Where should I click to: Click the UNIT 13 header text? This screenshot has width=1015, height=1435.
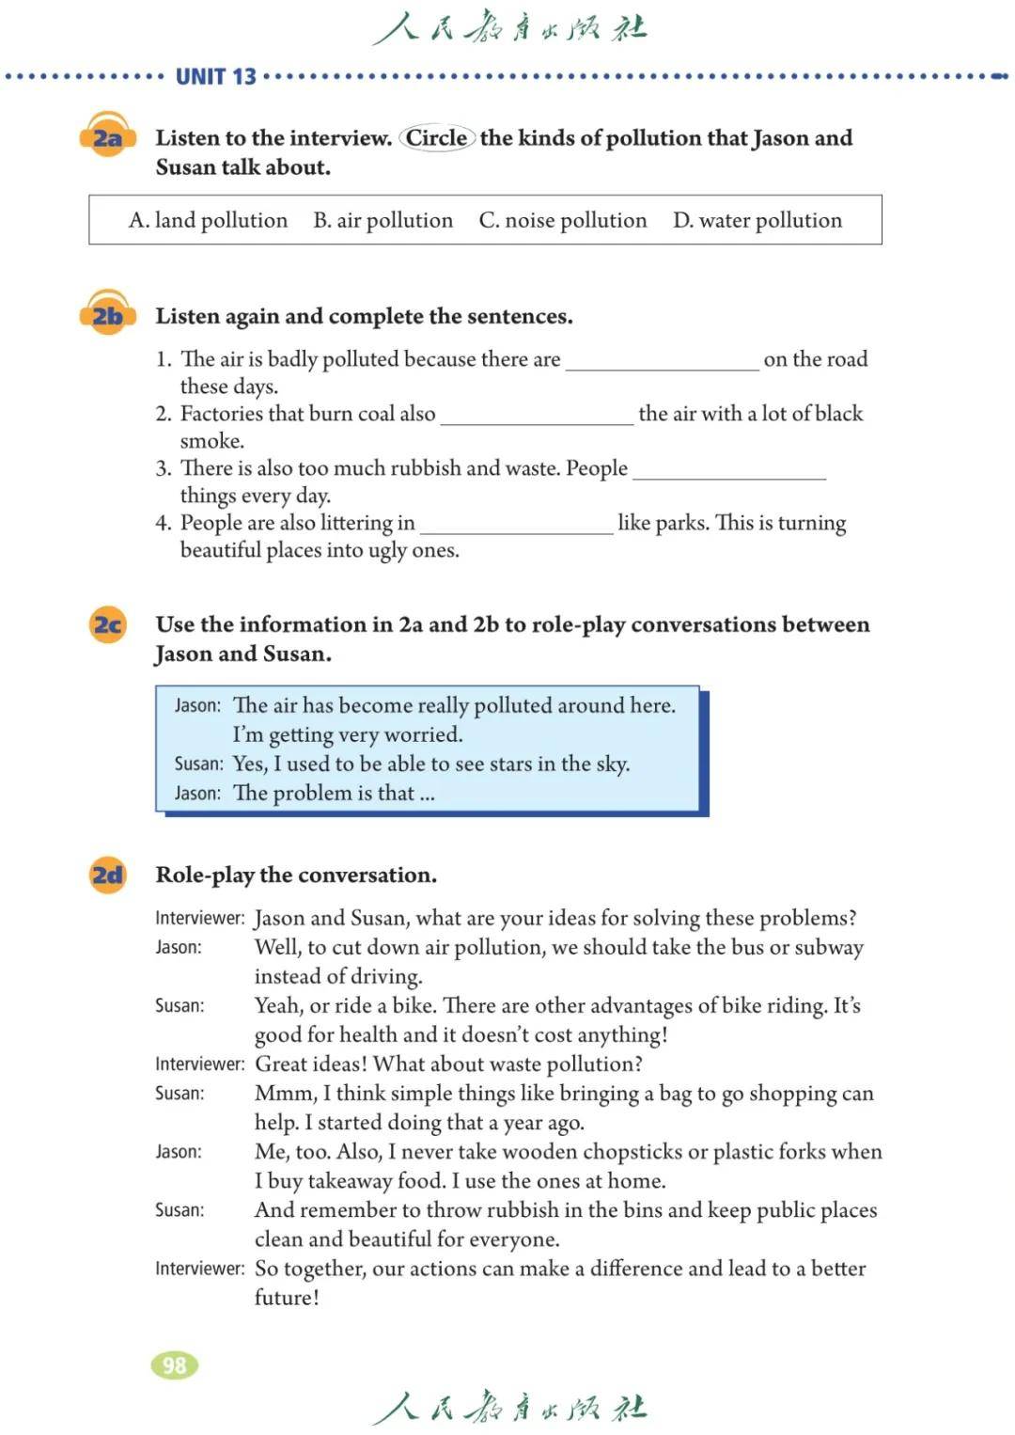pyautogui.click(x=215, y=76)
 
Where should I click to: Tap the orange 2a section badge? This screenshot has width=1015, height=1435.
pyautogui.click(x=107, y=138)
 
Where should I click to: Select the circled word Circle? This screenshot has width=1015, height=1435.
pyautogui.click(x=436, y=138)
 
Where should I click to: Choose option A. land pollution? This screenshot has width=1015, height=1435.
pyautogui.click(x=208, y=220)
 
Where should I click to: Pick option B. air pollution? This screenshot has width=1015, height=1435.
pyautogui.click(x=383, y=220)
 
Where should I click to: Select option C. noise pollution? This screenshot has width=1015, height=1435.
pyautogui.click(x=562, y=220)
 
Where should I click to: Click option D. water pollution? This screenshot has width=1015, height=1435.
pyautogui.click(x=757, y=220)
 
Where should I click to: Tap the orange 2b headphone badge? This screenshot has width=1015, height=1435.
pyautogui.click(x=107, y=315)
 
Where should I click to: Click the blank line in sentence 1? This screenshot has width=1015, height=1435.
pyautogui.click(x=662, y=362)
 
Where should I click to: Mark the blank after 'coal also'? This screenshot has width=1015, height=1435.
pyautogui.click(x=537, y=417)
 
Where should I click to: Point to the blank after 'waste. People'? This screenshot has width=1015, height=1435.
pyautogui.click(x=729, y=471)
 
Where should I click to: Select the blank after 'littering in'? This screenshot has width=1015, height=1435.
pyautogui.click(x=516, y=526)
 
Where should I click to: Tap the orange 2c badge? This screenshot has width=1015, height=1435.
pyautogui.click(x=107, y=624)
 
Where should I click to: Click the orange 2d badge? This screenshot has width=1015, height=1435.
pyautogui.click(x=107, y=875)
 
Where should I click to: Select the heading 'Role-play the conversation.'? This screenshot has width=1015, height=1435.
pyautogui.click(x=296, y=875)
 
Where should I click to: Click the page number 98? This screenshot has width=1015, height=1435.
pyautogui.click(x=175, y=1365)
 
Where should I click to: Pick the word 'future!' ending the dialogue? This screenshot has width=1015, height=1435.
pyautogui.click(x=287, y=1298)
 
